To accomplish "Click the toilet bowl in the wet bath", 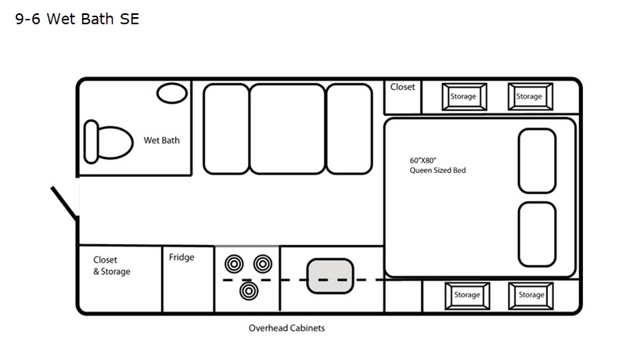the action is pos(115,142).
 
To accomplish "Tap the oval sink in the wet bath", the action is pos(172,93).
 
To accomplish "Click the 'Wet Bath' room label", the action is pos(162,141).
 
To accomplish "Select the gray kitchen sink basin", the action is pos(330,276).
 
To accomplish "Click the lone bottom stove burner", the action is pos(249,291).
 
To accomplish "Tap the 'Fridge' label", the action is pos(182,257).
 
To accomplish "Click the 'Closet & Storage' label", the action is pos(112,265).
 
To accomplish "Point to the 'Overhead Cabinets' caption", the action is pos(286,328).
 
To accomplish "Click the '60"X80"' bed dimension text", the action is pos(423,160).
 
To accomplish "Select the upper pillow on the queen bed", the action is pos(537,161).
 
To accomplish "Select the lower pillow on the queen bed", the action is pos(537,234).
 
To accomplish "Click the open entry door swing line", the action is pos(64,203).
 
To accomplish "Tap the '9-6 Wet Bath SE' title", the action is pos(77,19).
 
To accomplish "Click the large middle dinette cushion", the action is pos(287,129).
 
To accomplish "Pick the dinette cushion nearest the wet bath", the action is pos(226,129).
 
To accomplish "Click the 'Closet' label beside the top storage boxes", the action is pos(402,87).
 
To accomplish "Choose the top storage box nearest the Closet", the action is pos(464,96).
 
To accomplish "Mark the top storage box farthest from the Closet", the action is pos(531,96).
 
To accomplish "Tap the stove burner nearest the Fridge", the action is pos(234,264).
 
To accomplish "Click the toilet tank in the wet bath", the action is pos(92,142).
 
